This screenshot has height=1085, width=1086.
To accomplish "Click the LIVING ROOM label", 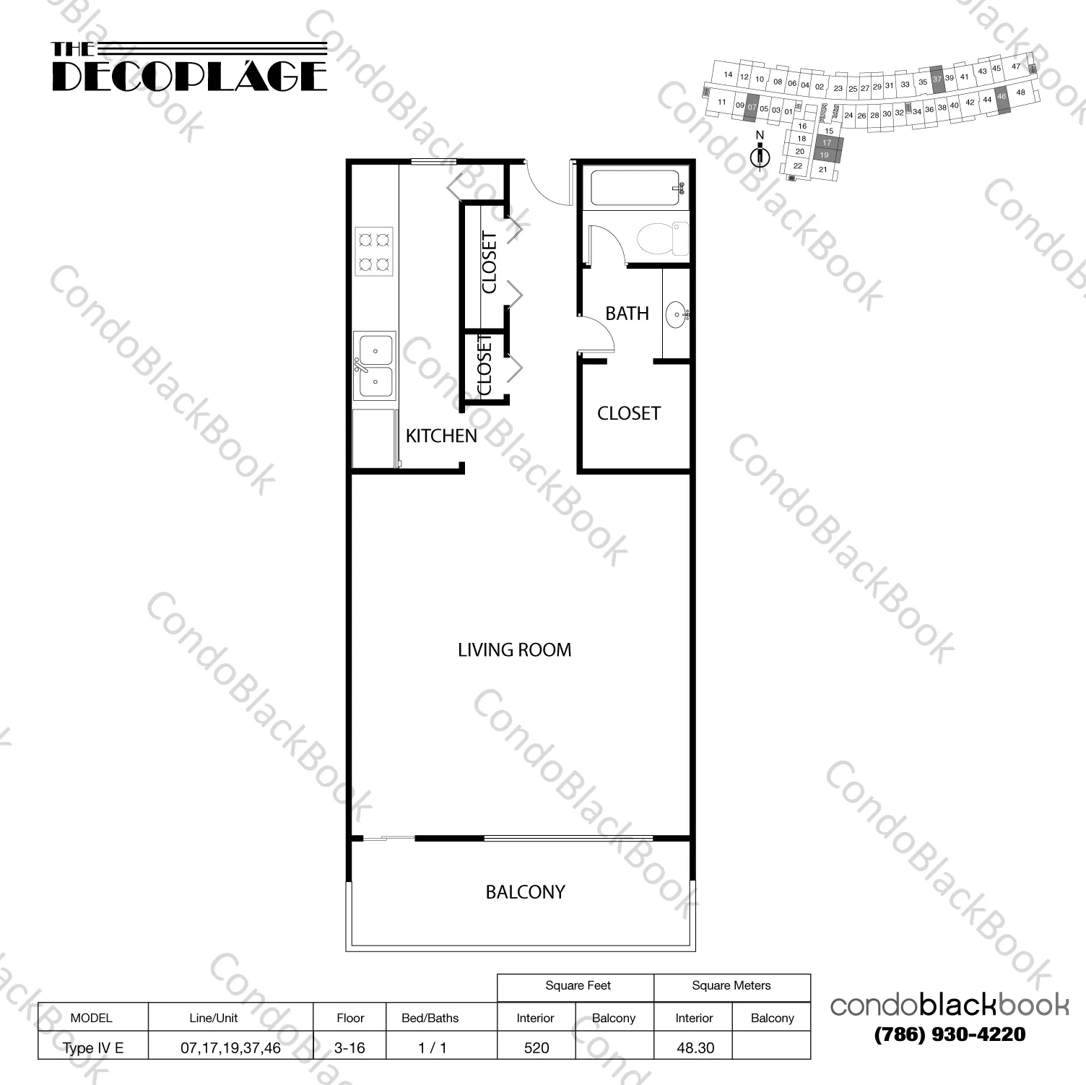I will click(514, 650).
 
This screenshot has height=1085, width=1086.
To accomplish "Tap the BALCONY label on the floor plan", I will click(525, 892).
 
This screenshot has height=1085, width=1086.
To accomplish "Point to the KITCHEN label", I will click(441, 436).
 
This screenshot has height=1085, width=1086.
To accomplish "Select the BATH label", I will click(627, 314).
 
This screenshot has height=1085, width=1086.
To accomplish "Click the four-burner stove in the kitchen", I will click(374, 251).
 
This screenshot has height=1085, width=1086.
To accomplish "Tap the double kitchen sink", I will click(375, 365).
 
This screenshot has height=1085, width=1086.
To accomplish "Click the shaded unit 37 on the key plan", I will click(937, 79).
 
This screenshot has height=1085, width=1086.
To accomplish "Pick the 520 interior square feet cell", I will click(537, 1047).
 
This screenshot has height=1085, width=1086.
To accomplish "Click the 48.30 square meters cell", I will click(695, 1047).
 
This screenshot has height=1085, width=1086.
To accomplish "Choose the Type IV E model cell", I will click(93, 1047).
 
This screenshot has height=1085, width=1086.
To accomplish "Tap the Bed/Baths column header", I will click(430, 1018).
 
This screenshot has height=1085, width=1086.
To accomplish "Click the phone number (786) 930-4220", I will click(950, 1034).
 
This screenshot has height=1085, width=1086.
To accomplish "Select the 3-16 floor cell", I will click(349, 1047).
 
